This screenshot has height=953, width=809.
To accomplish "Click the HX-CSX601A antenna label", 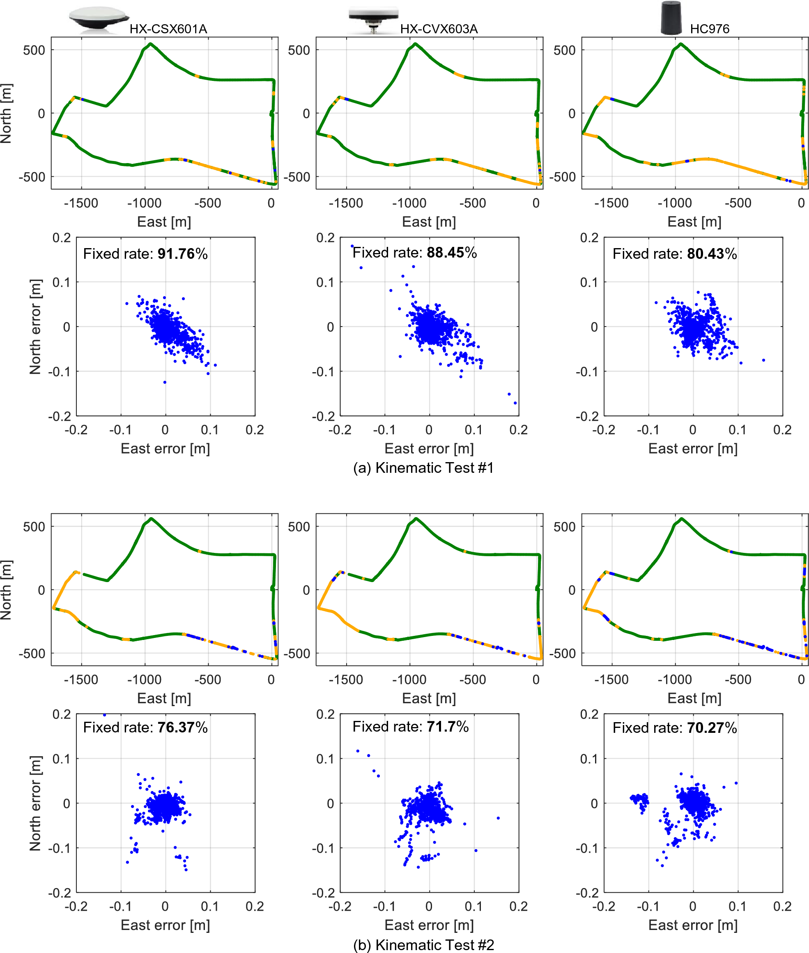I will click(x=168, y=29).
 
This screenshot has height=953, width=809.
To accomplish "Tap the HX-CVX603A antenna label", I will click(x=439, y=29).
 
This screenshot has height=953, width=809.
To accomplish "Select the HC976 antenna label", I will click(x=709, y=29).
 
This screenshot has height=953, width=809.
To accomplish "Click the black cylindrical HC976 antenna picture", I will click(x=671, y=18).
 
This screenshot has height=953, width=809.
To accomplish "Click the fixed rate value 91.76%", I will click(x=182, y=254).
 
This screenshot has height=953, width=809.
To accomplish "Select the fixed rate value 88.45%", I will click(x=451, y=252).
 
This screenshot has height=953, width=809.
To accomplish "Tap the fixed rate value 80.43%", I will click(x=711, y=254).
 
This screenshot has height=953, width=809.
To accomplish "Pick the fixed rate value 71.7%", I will click(x=447, y=726).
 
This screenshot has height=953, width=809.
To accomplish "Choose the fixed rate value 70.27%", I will click(x=711, y=728).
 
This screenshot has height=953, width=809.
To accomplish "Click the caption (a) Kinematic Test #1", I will click(x=423, y=467).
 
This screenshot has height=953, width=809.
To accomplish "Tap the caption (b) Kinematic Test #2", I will click(x=423, y=945).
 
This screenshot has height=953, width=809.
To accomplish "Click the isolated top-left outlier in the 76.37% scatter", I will click(x=105, y=714).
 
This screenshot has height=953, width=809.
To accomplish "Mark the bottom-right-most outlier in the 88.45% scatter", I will click(x=515, y=403).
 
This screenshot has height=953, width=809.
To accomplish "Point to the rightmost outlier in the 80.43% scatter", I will click(x=763, y=360).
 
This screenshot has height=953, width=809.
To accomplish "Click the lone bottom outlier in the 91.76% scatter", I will click(x=165, y=382).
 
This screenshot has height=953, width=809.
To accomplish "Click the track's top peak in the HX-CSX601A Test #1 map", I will click(x=150, y=44).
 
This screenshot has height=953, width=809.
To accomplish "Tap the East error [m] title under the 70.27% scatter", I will click(x=692, y=925).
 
